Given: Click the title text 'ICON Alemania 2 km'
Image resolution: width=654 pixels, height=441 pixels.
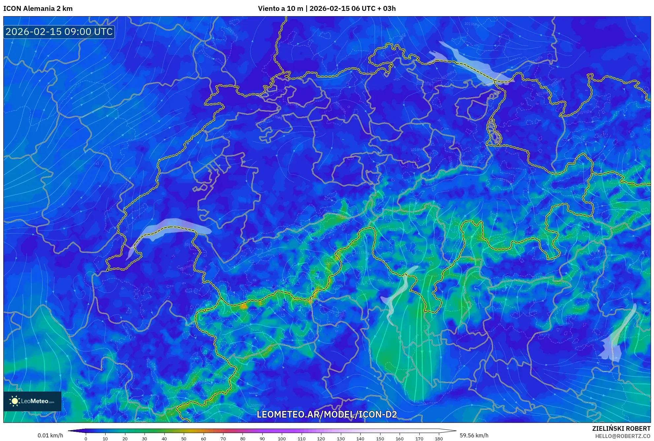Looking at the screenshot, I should [x=38, y=9].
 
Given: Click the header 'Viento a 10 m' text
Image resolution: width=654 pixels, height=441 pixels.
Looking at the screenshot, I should [x=280, y=9].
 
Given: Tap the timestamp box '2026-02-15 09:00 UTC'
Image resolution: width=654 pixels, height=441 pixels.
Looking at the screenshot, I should [x=59, y=32].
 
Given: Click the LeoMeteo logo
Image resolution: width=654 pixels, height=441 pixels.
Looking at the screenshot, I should [x=32, y=401].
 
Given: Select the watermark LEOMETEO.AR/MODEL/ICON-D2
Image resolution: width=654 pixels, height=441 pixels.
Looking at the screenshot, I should [x=327, y=414].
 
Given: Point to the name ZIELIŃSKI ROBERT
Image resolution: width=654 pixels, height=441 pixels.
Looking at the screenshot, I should [x=621, y=428].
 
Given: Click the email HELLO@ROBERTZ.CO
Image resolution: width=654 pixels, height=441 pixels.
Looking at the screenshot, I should [x=623, y=436].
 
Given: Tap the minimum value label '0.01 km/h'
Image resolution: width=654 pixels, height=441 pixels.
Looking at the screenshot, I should [x=50, y=435].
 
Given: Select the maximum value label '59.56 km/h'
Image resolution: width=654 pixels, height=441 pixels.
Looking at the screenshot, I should [x=474, y=435].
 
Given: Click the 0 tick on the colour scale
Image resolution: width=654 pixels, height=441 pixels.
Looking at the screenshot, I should [x=86, y=439].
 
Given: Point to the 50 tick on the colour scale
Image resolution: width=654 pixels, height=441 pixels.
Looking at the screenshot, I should [x=184, y=439].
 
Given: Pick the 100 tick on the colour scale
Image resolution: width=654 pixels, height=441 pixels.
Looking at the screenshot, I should [x=281, y=439].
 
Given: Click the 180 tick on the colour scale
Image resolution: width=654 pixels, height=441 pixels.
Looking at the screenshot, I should [x=439, y=439].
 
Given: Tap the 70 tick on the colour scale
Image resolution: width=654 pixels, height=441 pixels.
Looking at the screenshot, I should [x=223, y=439].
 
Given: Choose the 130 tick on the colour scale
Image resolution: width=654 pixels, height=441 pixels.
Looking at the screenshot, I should [x=341, y=439].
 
